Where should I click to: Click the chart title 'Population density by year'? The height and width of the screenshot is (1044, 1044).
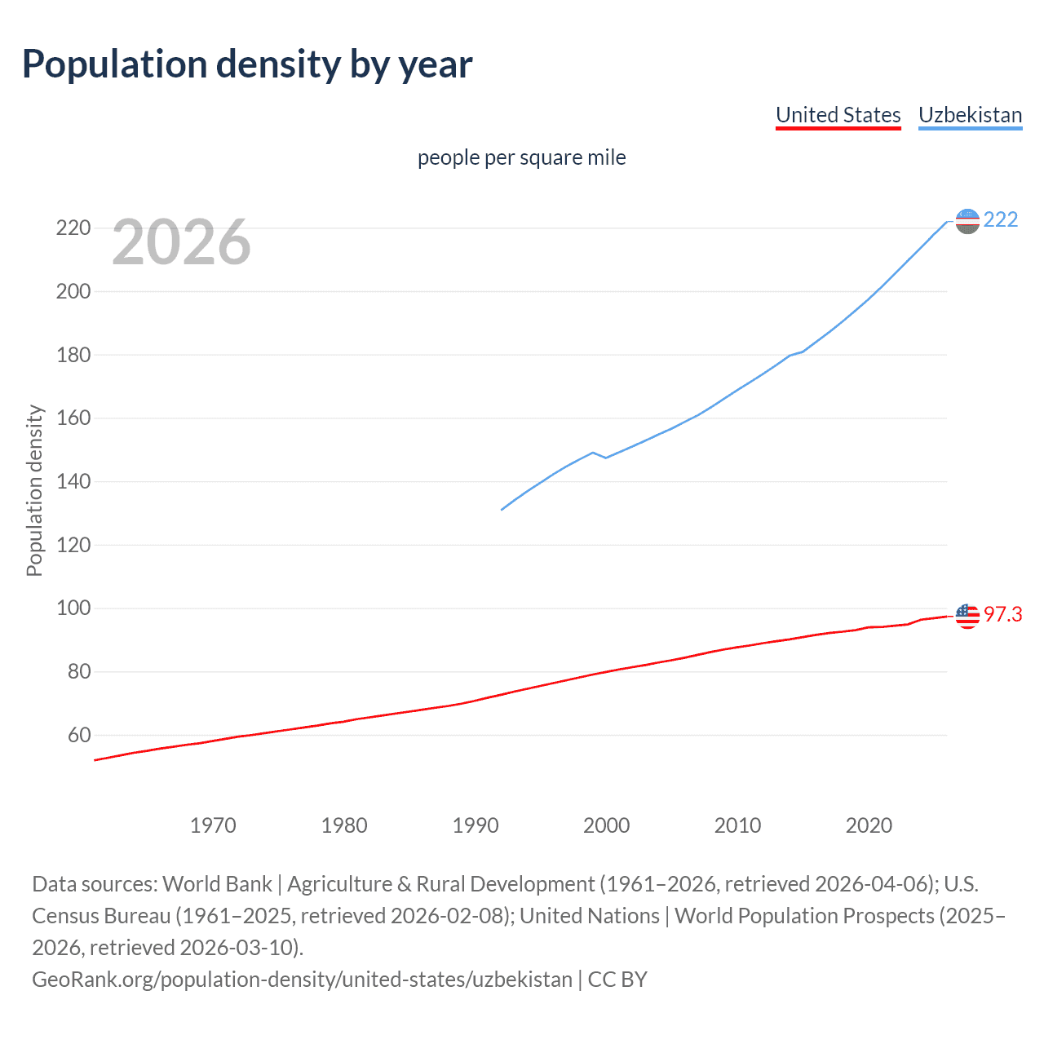[247, 64]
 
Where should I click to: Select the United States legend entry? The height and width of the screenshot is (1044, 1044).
[838, 115]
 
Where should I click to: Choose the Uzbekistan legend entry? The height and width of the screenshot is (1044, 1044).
[970, 115]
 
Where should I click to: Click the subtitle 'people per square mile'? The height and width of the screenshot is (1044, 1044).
[521, 157]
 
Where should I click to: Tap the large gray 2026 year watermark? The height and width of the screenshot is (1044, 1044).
[181, 242]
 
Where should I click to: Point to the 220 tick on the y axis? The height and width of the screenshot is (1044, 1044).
[73, 228]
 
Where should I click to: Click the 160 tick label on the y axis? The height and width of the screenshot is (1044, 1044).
[73, 418]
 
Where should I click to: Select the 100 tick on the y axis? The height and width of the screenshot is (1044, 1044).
[73, 608]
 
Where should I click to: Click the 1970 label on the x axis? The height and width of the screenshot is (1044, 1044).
[213, 825]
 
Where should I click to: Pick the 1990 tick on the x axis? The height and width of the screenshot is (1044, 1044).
[476, 825]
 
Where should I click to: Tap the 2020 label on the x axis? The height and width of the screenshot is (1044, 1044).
[869, 825]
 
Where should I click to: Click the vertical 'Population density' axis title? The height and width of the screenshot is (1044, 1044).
[34, 491]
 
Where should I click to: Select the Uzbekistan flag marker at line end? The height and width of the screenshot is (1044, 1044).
[967, 221]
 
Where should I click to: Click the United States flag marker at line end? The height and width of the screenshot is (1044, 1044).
[967, 616]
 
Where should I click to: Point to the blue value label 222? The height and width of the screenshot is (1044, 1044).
[1001, 220]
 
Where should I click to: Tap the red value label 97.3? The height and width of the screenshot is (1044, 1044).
[1002, 615]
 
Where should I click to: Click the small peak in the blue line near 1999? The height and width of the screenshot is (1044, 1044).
[592, 453]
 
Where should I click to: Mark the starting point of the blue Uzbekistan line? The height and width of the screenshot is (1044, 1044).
[502, 510]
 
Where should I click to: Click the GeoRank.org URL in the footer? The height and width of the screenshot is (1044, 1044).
[302, 980]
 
